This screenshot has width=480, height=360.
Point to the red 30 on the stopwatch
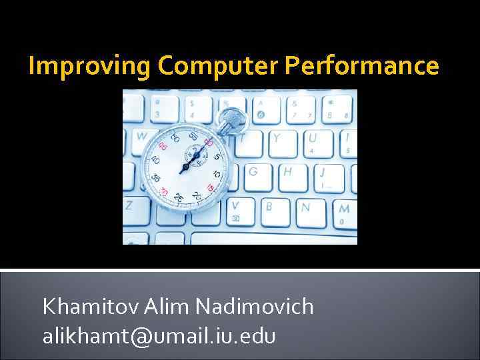163,192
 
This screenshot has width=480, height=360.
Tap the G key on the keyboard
253,171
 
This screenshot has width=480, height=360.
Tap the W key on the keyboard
141,136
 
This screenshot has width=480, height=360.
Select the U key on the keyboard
311,139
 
